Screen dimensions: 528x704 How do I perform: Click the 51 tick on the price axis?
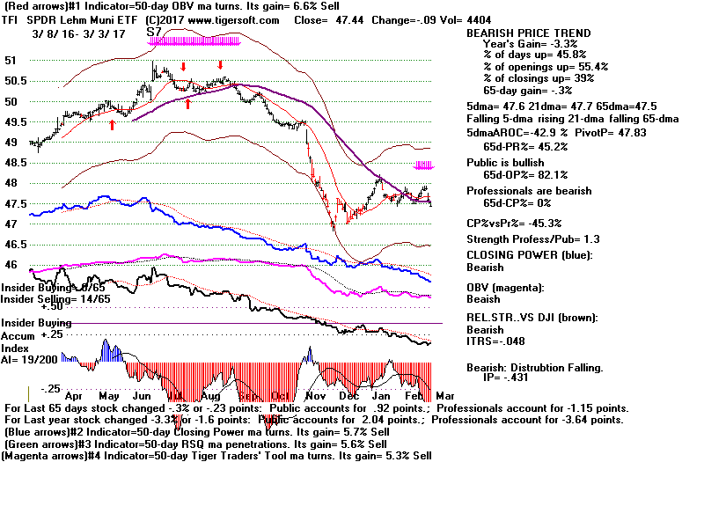tap(11, 61)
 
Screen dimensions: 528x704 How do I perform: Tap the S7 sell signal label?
tap(154, 31)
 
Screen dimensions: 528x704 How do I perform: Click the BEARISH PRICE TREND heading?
tap(528, 33)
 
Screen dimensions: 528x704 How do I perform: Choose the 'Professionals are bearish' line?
tap(528, 190)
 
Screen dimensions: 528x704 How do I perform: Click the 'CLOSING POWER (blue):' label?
tap(529, 255)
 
